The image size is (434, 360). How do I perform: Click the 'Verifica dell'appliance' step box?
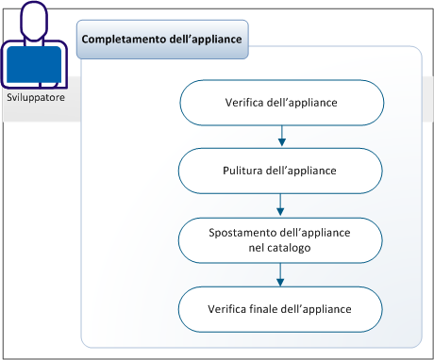pos(281,102)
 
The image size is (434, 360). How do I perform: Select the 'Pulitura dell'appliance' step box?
pos(281,171)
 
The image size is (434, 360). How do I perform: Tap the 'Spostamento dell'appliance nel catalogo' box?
pos(281,239)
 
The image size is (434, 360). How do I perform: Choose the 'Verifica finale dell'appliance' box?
pos(281,308)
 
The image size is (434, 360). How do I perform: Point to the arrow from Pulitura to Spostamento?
pos(281,205)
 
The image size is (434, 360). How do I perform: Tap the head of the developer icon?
pos(35,19)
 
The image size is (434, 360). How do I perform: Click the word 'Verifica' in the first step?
pos(249,102)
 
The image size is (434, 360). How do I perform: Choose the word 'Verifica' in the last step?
pos(230,308)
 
